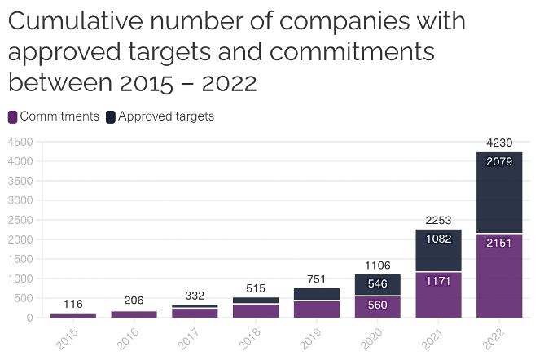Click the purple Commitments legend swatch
pos(12,116)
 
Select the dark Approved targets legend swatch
pos(111,116)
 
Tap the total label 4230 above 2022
pos(498,143)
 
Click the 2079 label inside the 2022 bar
pos(498,162)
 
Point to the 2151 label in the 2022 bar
pos(498,242)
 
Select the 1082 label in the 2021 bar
pos(437,239)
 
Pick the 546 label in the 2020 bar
pos(376,284)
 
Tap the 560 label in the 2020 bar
pos(376,305)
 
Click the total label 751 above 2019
pos(315,279)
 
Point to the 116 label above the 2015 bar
pos(73,304)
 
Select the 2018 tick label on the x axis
pos(248,338)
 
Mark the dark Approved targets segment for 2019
pos(315,294)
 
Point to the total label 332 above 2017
pos(194,295)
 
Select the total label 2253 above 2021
pos(437,220)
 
